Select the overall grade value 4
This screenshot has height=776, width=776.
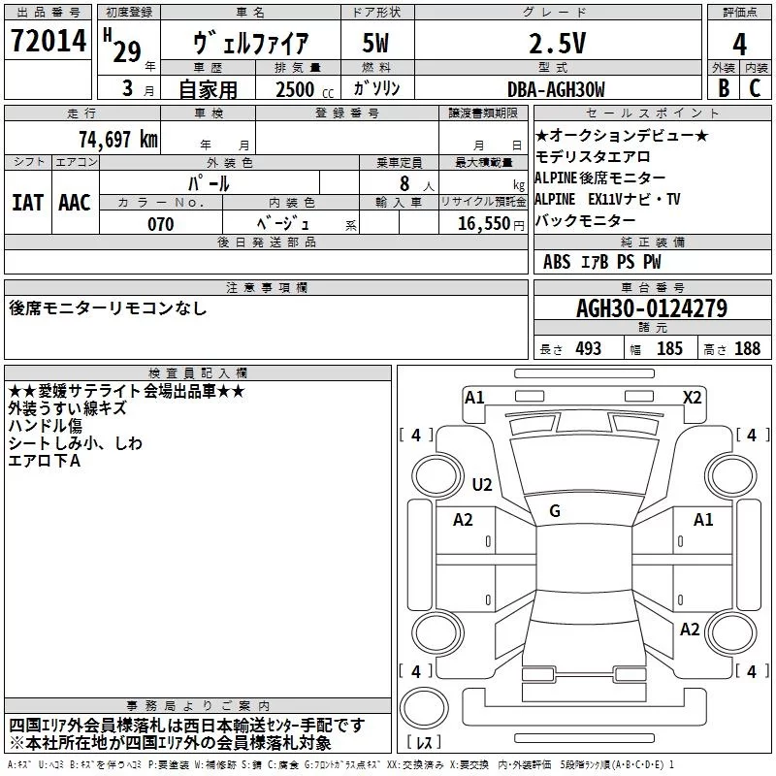740,44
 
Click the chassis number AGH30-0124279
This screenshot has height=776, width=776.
652,309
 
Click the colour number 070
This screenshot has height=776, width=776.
160,224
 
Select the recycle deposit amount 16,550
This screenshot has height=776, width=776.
482,224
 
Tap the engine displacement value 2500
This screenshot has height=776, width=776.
295,89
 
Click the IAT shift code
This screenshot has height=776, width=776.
28,203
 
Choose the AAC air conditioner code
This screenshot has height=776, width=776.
74,203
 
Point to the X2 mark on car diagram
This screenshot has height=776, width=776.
693,397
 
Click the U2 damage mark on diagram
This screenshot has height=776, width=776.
482,485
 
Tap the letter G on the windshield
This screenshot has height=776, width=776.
555,511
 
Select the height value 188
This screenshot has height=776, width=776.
748,349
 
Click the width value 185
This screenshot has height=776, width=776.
669,349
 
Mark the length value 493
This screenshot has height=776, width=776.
588,349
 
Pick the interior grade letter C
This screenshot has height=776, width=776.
755,89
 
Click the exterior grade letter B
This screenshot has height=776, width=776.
723,89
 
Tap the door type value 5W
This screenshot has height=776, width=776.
377,44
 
